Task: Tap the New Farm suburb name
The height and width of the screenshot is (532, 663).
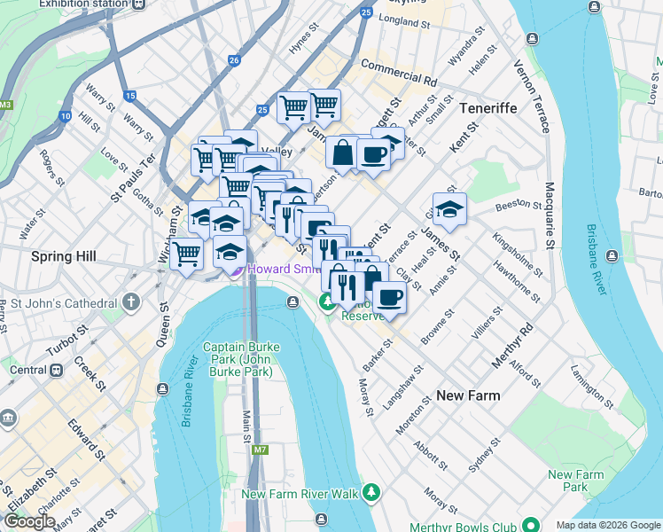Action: pyautogui.click(x=468, y=395)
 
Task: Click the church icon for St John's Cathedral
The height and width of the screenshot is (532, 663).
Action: pyautogui.click(x=132, y=301)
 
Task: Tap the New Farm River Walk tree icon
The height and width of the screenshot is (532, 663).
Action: pyautogui.click(x=373, y=492)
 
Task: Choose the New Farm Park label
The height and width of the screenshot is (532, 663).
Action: pyautogui.click(x=575, y=481)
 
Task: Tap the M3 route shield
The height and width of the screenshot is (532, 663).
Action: pyautogui.click(x=7, y=105)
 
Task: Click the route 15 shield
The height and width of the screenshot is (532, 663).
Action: pyautogui.click(x=130, y=95)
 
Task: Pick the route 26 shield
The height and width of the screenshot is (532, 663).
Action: pyautogui.click(x=234, y=60)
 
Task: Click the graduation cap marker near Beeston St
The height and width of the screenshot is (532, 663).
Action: pyautogui.click(x=449, y=209)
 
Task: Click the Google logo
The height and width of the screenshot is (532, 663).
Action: pyautogui.click(x=30, y=521)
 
